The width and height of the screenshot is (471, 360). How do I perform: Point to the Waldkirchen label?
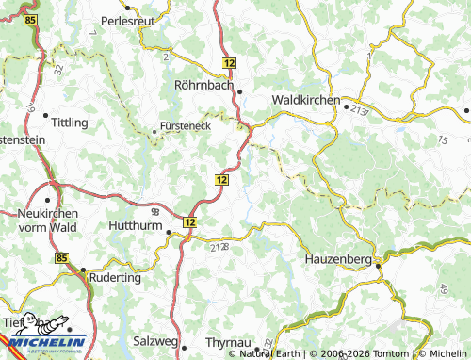click(x=303, y=99)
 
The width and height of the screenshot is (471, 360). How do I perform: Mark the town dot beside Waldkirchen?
click(x=346, y=106)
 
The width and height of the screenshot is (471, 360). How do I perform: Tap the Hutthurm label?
click(x=135, y=226)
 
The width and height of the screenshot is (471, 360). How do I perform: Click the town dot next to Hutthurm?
click(x=170, y=232)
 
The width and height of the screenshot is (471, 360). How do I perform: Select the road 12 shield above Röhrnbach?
click(x=231, y=61)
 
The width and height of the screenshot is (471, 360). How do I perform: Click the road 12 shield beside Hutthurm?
click(x=190, y=221)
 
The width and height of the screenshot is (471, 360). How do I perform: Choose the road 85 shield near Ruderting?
click(x=62, y=257)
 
